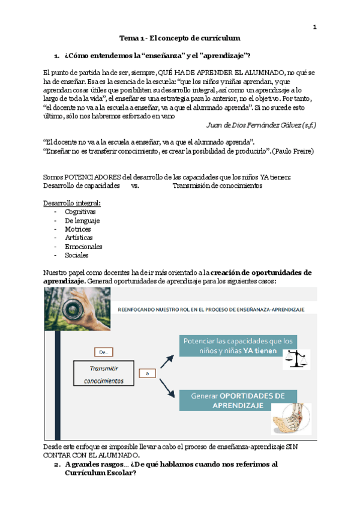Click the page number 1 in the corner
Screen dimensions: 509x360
tap(314, 27)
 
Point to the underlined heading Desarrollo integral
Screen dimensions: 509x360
tap(72, 203)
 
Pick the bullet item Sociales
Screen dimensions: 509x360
tap(76, 255)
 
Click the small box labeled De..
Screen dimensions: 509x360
tap(102, 352)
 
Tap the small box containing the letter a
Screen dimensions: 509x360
tap(147, 373)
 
